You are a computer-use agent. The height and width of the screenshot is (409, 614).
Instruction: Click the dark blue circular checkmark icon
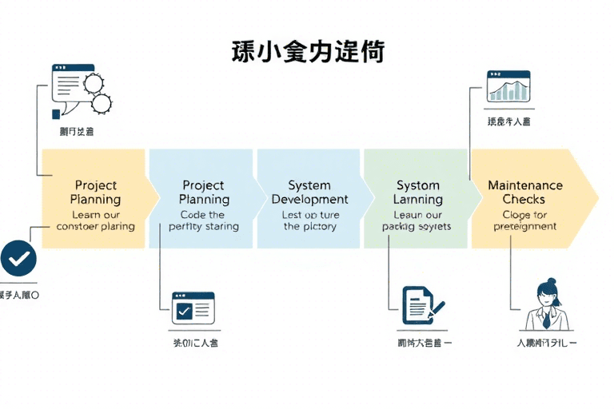click(19, 258)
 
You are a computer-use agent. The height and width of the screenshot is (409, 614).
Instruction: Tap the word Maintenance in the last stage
click(525, 185)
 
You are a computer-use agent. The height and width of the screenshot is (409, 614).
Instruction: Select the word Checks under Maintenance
click(524, 199)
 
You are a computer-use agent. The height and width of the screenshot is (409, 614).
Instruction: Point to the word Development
click(309, 199)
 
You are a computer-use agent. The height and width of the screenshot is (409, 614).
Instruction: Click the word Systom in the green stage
click(417, 185)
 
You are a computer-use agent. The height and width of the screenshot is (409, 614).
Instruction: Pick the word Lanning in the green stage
click(418, 199)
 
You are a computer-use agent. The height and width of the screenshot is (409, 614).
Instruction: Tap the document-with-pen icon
click(422, 304)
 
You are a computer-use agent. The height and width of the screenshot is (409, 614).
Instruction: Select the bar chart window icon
click(509, 86)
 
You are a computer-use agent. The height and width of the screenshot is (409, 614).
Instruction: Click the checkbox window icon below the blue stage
click(194, 308)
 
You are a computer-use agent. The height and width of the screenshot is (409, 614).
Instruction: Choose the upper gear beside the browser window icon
click(94, 82)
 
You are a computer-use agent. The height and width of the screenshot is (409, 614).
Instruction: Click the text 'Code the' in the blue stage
click(202, 214)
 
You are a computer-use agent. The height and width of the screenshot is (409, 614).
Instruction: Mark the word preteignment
click(524, 226)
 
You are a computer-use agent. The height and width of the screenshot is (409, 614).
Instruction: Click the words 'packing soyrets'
click(417, 226)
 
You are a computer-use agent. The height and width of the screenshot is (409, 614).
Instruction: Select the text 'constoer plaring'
click(96, 226)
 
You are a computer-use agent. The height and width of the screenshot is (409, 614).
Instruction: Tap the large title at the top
click(308, 51)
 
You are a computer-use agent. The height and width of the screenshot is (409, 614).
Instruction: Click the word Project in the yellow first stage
click(96, 185)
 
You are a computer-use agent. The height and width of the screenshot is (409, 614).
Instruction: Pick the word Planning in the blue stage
click(204, 199)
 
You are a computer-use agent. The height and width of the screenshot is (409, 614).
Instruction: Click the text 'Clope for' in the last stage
click(524, 214)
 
